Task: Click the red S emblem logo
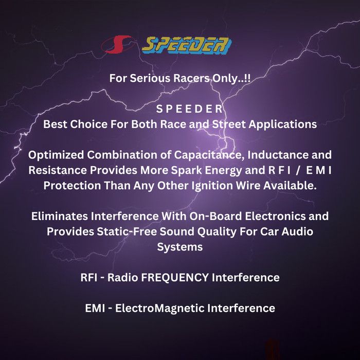tap(117, 44)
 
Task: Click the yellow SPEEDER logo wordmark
tap(187, 45)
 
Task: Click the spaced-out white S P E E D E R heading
tap(189, 109)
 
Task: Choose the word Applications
tap(283, 124)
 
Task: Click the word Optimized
tap(56, 155)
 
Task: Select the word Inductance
tap(278, 155)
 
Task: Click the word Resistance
tap(58, 170)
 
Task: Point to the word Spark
tap(186, 171)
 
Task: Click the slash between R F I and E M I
tap(298, 171)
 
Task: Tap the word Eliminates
tap(60, 217)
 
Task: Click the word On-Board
tap(215, 217)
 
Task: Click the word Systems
tap(180, 247)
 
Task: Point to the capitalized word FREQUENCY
tap(175, 278)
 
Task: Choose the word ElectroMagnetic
tap(160, 309)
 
